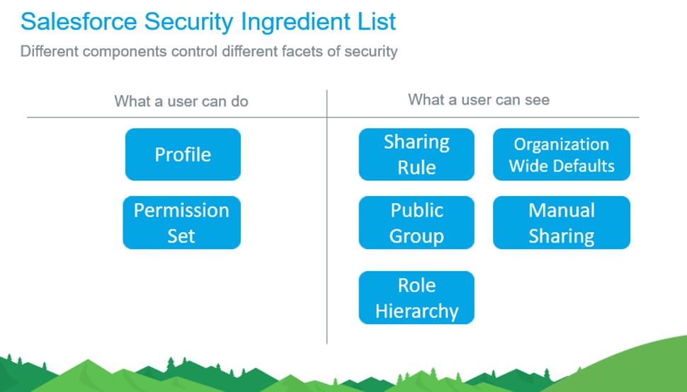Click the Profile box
click(x=183, y=154)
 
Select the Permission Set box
click(x=181, y=223)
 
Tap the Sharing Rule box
click(x=416, y=154)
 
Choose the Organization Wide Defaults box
click(x=561, y=154)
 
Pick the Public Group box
click(x=416, y=223)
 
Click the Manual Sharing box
click(x=561, y=223)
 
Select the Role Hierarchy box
click(x=416, y=298)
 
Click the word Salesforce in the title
click(x=79, y=22)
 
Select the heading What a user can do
click(x=181, y=101)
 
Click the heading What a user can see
click(x=479, y=100)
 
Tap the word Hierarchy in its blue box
click(x=416, y=311)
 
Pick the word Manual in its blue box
click(x=561, y=211)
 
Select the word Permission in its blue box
click(x=181, y=211)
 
